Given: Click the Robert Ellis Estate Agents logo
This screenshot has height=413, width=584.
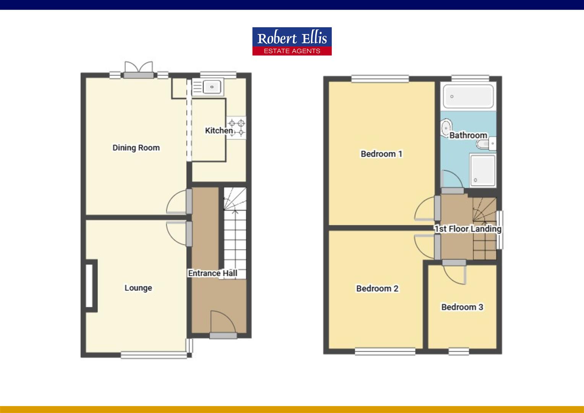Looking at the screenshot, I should [x=292, y=41].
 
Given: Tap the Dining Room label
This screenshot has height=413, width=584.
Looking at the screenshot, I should [x=136, y=148].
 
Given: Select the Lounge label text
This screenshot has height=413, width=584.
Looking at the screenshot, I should [x=138, y=288].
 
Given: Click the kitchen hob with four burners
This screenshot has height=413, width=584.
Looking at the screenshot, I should [x=237, y=128].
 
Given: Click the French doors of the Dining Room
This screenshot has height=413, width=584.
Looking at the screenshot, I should [x=138, y=69].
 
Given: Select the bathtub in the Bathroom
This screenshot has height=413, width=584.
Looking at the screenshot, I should [x=468, y=96].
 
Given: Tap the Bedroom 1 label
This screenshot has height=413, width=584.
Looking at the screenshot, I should [x=381, y=154].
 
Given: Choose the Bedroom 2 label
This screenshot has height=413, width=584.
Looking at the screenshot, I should [x=377, y=288].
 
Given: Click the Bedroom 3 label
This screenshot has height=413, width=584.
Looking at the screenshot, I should [x=462, y=307].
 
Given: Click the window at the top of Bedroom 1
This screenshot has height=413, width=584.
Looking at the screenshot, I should [x=380, y=79].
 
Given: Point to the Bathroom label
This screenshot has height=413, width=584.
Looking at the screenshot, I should [x=468, y=135].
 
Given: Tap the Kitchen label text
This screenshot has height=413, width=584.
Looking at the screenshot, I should [x=219, y=130].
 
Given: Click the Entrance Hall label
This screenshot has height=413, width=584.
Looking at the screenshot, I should [x=213, y=273].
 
